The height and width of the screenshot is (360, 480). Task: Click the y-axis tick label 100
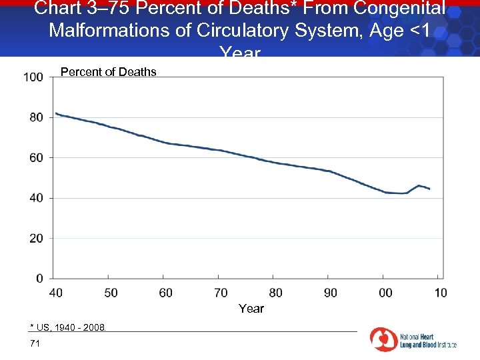[x=33, y=77]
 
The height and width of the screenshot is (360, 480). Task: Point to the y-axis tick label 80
[x=36, y=117]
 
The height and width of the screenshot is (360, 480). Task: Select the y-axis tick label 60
[x=36, y=158]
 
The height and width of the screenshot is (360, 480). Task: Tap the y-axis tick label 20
[x=36, y=238]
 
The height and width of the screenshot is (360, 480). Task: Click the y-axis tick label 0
[x=39, y=278]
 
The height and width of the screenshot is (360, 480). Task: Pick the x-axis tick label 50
[x=111, y=293]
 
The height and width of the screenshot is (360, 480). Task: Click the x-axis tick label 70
[x=221, y=293]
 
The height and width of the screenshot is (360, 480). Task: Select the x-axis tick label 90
[x=331, y=293]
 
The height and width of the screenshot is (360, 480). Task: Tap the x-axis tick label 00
[x=385, y=293]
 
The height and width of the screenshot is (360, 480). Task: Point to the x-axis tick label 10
[x=441, y=293]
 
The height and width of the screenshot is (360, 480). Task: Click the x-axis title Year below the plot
[x=251, y=309]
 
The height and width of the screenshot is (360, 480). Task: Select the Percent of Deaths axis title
[x=109, y=72]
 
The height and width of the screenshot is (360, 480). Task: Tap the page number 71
[x=35, y=343]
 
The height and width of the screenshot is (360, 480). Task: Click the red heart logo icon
[x=383, y=339]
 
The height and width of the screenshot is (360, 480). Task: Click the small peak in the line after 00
[x=418, y=185]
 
